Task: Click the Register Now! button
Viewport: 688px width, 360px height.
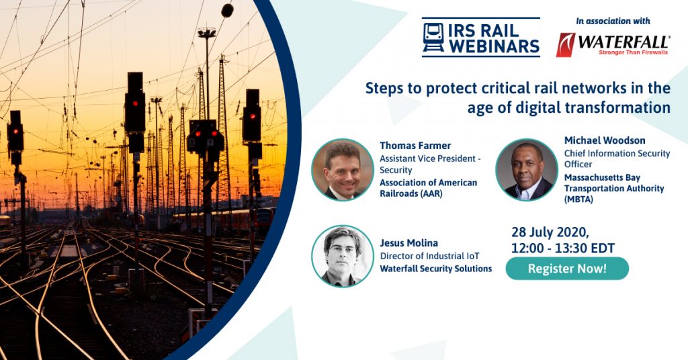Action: pos(567,269)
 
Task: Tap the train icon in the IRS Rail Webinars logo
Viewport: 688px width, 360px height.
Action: pos(433,38)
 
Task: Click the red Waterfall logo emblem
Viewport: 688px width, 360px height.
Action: pos(566,45)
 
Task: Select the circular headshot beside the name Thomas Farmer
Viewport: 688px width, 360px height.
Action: pos(343,170)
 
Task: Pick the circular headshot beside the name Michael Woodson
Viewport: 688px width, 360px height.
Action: pos(527,170)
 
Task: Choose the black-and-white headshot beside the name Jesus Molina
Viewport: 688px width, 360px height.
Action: pos(343,256)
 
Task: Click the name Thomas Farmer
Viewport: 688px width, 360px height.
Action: pos(415,146)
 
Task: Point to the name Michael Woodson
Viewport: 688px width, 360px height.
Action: pos(605,140)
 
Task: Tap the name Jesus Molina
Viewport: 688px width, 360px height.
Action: pos(409,243)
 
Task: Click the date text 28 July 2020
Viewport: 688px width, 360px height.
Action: pos(550,232)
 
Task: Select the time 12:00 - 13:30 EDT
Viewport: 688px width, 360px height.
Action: pos(563,249)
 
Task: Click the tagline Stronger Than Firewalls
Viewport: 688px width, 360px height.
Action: pos(633,52)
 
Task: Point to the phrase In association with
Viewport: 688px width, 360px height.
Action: pos(613,21)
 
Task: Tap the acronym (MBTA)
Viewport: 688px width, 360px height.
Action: pos(578,199)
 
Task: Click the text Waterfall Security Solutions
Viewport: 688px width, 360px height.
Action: pos(435,269)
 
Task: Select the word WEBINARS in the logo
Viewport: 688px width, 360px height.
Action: pos(494,46)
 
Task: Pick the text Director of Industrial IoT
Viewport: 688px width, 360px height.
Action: pos(429,256)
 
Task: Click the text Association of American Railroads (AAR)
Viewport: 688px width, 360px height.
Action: pos(428,188)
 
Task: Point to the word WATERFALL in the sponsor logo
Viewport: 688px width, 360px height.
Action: pos(623,42)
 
